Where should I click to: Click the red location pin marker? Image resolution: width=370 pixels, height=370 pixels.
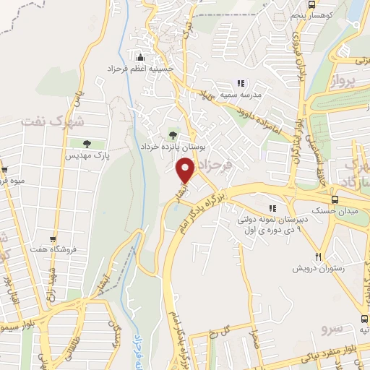[186, 172]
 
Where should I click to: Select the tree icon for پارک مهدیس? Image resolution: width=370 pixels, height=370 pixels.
[87, 144]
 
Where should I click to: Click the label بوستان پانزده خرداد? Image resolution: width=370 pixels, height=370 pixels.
[173, 145]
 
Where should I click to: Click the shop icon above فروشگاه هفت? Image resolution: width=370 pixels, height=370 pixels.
[53, 239]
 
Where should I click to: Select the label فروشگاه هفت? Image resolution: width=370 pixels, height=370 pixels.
[51, 251]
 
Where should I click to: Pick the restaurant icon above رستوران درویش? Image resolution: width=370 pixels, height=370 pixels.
[318, 257]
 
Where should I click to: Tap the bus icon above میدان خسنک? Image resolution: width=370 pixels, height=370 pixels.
[335, 199]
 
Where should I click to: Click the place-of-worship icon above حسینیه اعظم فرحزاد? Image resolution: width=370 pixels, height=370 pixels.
[139, 58]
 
